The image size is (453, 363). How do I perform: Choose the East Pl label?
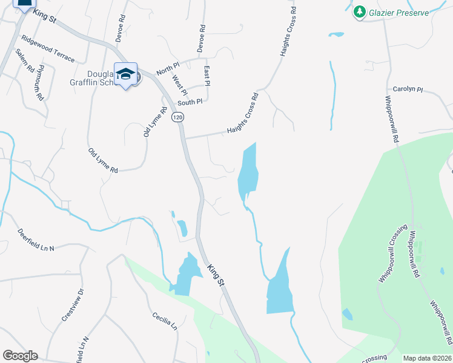pyautogui.click(x=207, y=76)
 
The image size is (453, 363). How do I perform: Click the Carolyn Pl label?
pyautogui.click(x=407, y=89)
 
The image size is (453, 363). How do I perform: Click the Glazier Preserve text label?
pyautogui.click(x=400, y=13)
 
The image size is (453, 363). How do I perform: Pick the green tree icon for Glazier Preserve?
pyautogui.click(x=360, y=11)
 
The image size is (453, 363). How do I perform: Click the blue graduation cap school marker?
pyautogui.click(x=125, y=74)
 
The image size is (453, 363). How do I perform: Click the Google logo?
pyautogui.click(x=20, y=356)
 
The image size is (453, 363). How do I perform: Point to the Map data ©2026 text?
pyautogui.click(x=428, y=358)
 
